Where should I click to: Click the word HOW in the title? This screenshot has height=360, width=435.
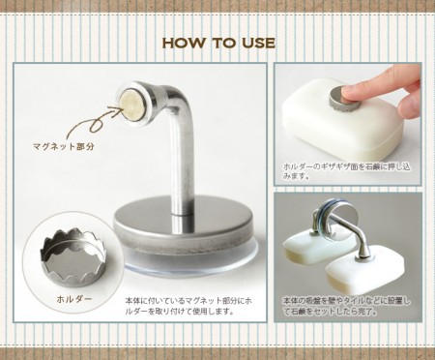tap(181, 43)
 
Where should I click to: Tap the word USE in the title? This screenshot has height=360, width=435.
tap(256, 43)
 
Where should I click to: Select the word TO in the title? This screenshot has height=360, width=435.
tap(219, 43)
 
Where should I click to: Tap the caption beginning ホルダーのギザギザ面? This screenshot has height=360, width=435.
tap(348, 171)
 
